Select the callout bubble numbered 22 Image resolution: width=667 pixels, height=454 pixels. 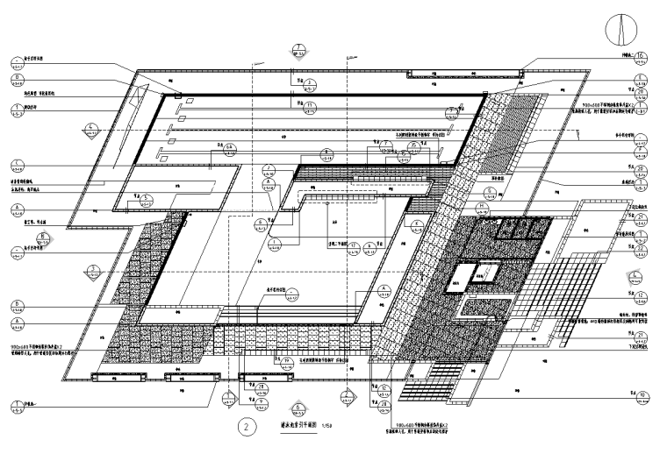tap(642, 252)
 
